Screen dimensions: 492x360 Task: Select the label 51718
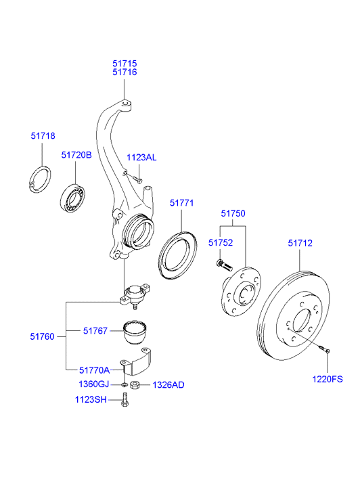click(x=43, y=136)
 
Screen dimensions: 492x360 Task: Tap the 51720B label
click(x=76, y=155)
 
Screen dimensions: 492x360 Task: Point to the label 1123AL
click(x=141, y=157)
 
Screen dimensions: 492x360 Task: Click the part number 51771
click(x=181, y=202)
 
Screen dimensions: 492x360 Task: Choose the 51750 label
click(x=233, y=213)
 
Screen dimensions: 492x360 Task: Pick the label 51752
click(x=221, y=242)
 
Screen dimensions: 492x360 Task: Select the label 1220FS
click(x=328, y=379)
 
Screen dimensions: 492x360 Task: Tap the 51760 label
click(x=42, y=335)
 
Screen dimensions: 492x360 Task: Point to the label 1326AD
click(x=168, y=385)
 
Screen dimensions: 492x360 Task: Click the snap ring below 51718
click(x=41, y=178)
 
